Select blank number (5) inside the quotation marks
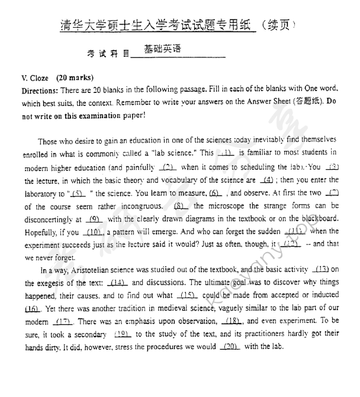click(x=77, y=193)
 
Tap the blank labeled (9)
click(x=96, y=220)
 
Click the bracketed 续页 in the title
click(x=278, y=26)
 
